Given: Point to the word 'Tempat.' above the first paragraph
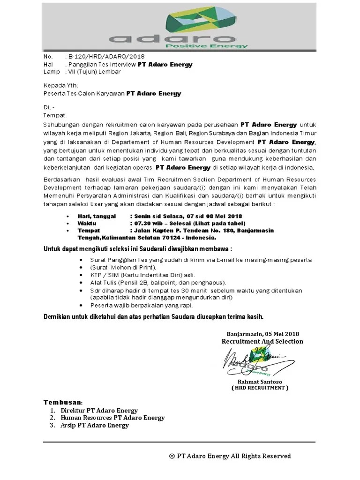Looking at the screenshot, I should pyautogui.click(x=55, y=115).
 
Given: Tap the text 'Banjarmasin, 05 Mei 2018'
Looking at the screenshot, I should pyautogui.click(x=263, y=333).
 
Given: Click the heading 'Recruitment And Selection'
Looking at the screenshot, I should pyautogui.click(x=262, y=341).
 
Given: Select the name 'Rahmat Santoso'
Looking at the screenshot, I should pyautogui.click(x=259, y=382).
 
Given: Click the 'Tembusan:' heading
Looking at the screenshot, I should pyautogui.click(x=63, y=403).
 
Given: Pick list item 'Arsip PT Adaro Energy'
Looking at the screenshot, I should pyautogui.click(x=95, y=425).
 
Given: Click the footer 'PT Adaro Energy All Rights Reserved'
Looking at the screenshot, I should pyautogui.click(x=234, y=456).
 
